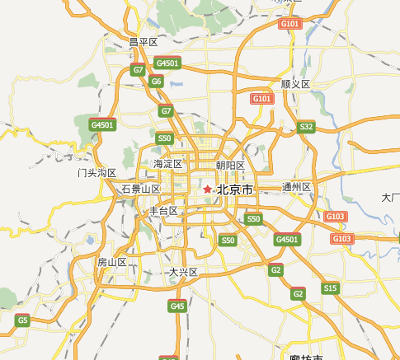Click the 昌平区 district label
(x=143, y=42)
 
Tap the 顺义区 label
(x=294, y=84)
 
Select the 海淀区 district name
(x=167, y=165)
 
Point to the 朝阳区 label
(x=230, y=166)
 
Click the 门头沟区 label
(x=97, y=173)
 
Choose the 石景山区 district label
(x=140, y=189)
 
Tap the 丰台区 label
(x=162, y=211)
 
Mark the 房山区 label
(x=111, y=262)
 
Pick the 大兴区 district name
(x=183, y=272)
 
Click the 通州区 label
(x=296, y=187)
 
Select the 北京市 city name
(x=235, y=190)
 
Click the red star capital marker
(x=206, y=190)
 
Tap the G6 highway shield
(x=157, y=81)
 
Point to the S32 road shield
(x=307, y=126)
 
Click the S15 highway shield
(x=331, y=288)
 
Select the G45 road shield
(x=177, y=306)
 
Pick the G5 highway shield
(x=23, y=320)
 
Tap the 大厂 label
(x=390, y=198)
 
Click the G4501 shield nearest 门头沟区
(x=103, y=124)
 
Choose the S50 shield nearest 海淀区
(x=165, y=138)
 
